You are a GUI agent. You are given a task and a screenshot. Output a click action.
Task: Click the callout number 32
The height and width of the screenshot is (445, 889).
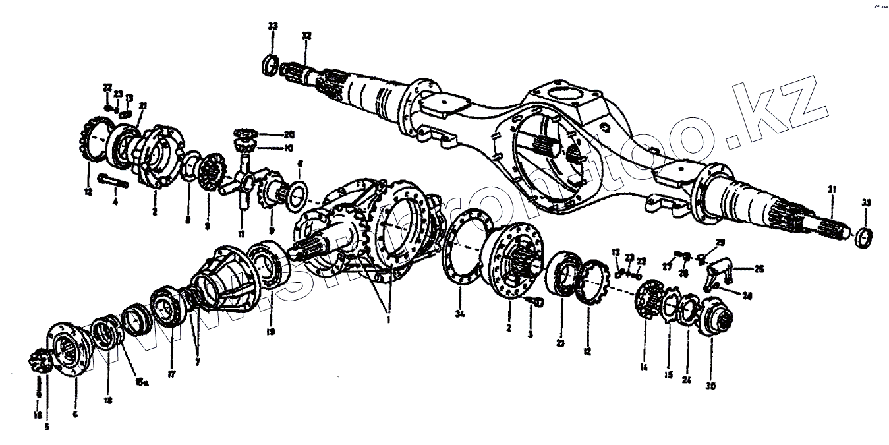[x=306, y=34]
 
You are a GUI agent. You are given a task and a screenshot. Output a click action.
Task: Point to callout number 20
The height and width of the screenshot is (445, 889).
[x=289, y=134]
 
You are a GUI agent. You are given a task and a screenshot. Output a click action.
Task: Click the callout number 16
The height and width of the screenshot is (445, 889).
[x=38, y=415]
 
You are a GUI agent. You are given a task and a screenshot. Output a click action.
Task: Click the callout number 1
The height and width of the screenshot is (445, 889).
[x=389, y=319]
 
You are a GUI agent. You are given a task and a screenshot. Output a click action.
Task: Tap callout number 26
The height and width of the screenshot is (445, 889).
[x=747, y=297]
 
